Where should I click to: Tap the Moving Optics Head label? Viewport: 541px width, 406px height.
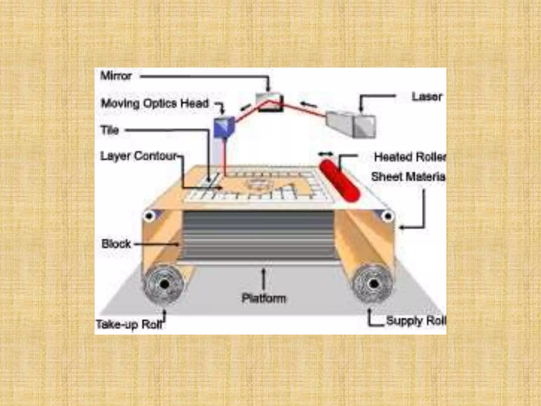(155, 103)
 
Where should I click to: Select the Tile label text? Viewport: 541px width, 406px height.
(110, 130)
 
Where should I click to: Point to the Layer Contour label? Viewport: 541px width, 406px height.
(138, 156)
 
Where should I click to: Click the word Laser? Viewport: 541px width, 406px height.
(427, 97)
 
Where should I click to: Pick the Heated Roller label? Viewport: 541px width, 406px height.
(410, 157)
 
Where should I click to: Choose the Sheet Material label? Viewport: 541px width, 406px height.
(408, 177)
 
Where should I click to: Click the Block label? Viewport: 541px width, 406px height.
(116, 244)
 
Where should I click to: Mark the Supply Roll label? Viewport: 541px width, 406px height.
(416, 321)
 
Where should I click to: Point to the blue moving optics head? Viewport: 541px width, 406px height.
(224, 127)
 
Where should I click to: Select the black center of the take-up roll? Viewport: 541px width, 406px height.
(165, 285)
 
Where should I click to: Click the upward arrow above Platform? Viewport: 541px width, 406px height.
(263, 279)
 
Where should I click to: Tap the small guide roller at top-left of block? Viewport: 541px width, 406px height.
(149, 216)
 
